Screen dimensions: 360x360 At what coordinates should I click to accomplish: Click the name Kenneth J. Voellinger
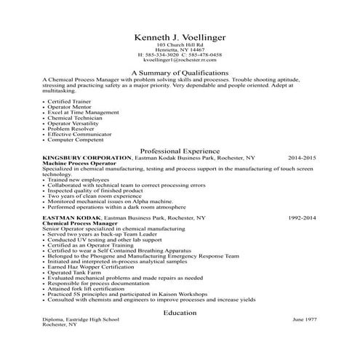(x=180, y=37)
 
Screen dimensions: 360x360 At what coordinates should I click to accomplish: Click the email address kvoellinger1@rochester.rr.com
(x=180, y=60)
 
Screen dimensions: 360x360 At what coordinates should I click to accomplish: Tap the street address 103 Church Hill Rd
(x=180, y=45)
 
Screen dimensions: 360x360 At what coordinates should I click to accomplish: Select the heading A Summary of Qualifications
(x=180, y=73)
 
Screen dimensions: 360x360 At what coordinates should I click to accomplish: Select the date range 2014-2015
(x=302, y=158)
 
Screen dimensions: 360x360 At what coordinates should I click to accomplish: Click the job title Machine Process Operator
(x=78, y=164)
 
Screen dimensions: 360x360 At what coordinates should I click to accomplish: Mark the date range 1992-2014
(x=302, y=217)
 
